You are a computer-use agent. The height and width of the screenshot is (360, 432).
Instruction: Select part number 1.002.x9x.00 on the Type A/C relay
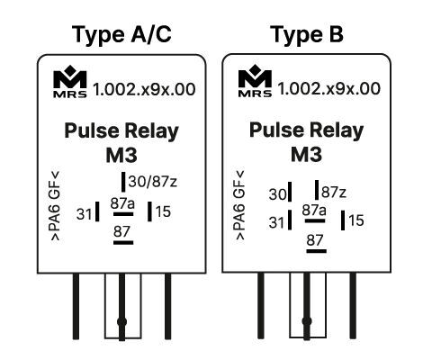[x=143, y=89]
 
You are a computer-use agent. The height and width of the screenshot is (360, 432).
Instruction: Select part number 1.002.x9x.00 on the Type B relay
[x=328, y=89]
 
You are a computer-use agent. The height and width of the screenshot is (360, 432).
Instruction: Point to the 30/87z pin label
[x=153, y=180]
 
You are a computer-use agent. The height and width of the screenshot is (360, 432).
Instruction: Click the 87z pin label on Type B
[x=334, y=192]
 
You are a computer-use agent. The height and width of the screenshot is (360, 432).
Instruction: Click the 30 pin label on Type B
[x=276, y=193]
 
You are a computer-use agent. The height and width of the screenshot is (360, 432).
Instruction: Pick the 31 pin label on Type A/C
[x=85, y=214]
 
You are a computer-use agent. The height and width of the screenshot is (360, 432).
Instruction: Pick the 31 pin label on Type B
[x=276, y=220]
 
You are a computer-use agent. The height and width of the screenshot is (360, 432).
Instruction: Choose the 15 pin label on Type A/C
[x=163, y=212]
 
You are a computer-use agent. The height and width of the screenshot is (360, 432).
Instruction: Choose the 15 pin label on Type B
[x=356, y=220]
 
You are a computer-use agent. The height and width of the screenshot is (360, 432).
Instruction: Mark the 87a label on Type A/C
[x=123, y=203]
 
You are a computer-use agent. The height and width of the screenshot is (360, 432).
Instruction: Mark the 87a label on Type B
[x=315, y=211]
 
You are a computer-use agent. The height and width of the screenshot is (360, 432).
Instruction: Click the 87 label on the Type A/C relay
[x=123, y=232]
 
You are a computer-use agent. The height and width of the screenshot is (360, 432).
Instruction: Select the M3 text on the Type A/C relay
[x=121, y=153]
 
